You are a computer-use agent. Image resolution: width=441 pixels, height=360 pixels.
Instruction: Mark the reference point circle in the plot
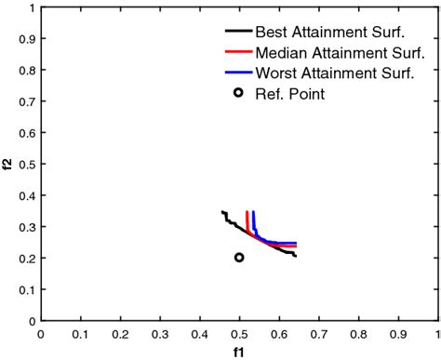coord(239,258)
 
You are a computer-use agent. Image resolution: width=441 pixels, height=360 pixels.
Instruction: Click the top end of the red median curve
coord(247,212)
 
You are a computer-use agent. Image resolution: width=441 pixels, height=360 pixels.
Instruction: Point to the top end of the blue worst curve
coord(253,212)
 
